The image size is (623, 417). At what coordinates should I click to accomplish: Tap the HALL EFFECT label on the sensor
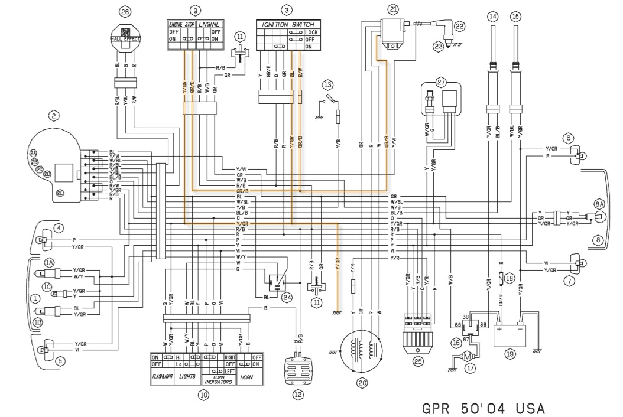(x=124, y=39)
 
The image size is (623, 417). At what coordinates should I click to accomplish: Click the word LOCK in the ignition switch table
(x=311, y=32)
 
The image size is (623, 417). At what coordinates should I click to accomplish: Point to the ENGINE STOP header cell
(x=181, y=24)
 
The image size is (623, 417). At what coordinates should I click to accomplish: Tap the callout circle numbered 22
(x=459, y=26)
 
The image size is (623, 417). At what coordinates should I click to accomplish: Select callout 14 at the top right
(x=493, y=17)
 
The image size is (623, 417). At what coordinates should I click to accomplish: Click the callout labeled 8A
(x=599, y=203)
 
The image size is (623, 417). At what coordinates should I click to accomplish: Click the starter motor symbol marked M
(x=467, y=356)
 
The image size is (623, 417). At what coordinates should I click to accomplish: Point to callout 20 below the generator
(x=362, y=382)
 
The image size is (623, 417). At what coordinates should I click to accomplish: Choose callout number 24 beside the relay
(x=287, y=297)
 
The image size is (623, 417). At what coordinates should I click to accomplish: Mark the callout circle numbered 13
(x=327, y=84)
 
